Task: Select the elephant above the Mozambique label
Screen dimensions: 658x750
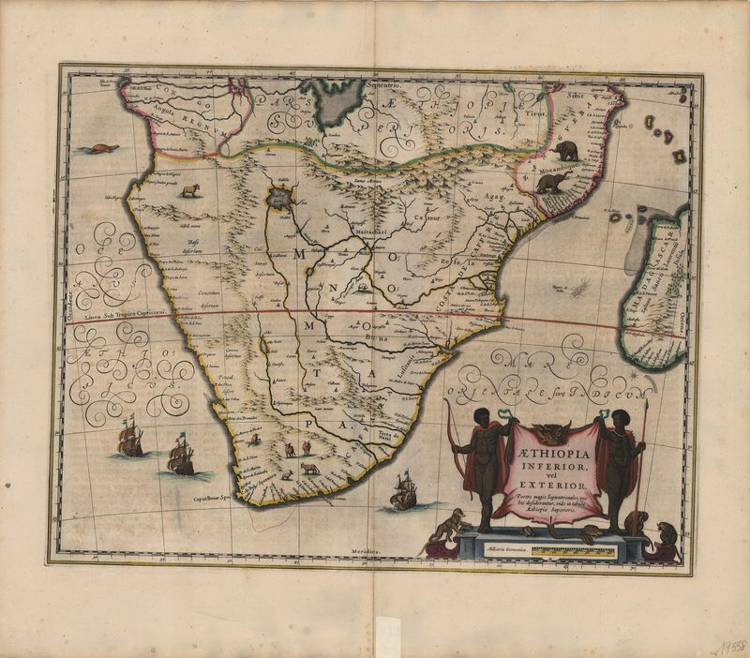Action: [x=566, y=149]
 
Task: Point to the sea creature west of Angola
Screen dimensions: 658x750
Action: [x=96, y=149]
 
